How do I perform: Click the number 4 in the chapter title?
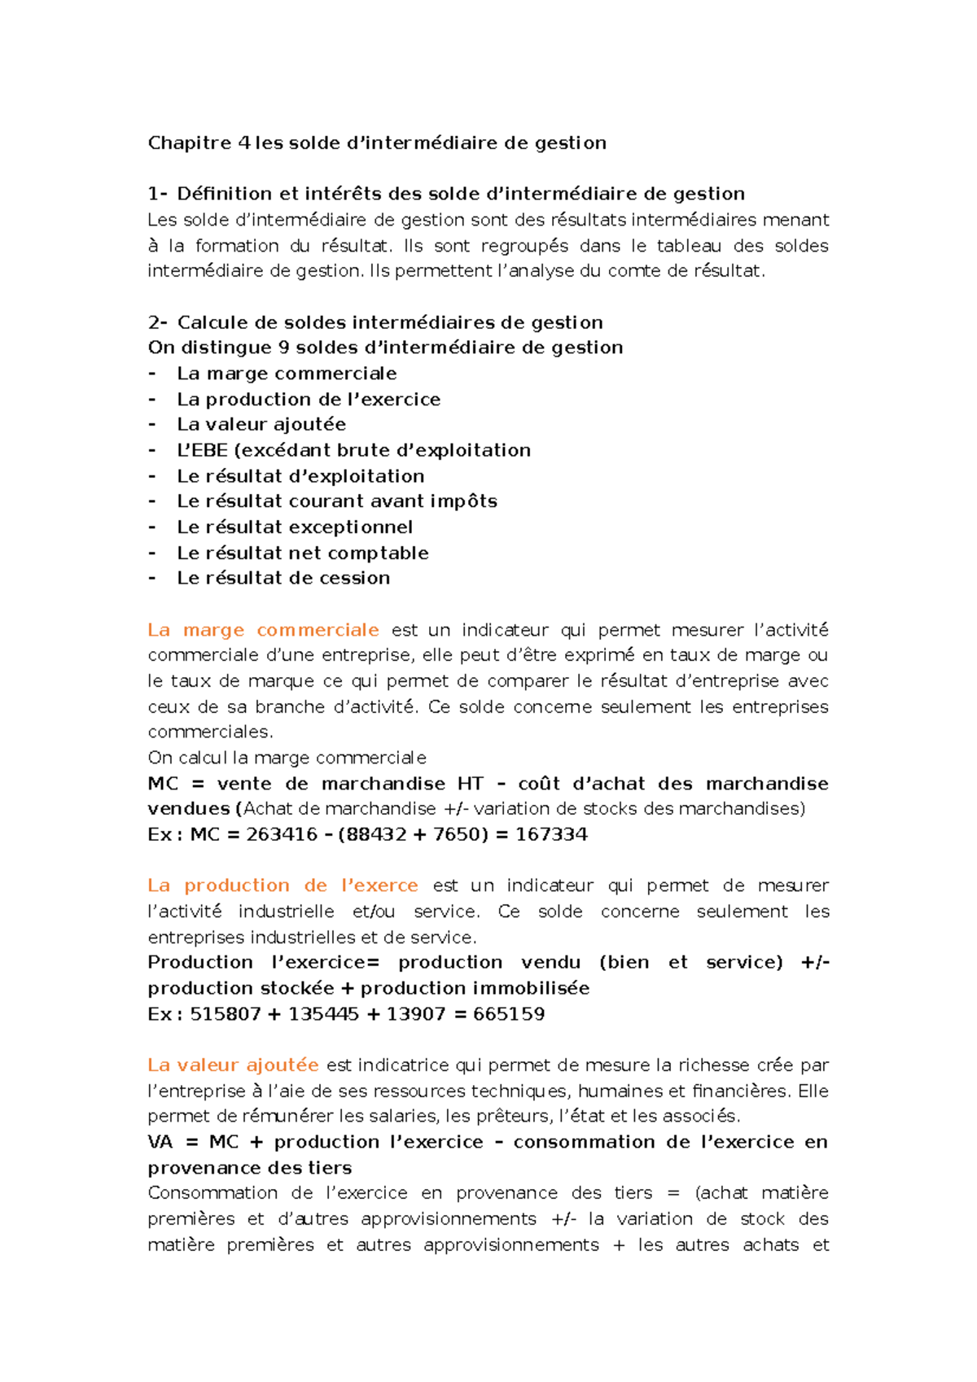[244, 143]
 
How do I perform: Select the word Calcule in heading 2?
[208, 322]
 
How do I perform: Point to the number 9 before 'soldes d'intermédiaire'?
[283, 348]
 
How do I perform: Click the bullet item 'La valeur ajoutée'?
[261, 425]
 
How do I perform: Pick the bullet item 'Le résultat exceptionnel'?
[295, 527]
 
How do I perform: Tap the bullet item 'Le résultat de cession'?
[283, 578]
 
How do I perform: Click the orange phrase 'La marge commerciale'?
[263, 630]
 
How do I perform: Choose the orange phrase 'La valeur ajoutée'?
[233, 1065]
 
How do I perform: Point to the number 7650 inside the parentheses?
[458, 834]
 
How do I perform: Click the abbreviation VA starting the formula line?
[160, 1143]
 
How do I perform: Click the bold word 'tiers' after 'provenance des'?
[330, 1168]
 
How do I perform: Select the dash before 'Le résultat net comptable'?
[152, 553]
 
